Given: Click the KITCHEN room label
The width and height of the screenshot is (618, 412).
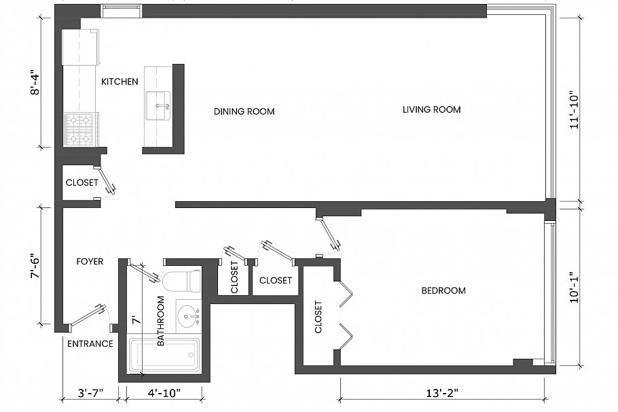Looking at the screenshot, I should click(x=120, y=82).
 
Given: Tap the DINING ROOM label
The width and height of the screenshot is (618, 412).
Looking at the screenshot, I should click(x=244, y=111).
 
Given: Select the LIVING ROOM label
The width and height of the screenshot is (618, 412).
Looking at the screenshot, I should click(x=431, y=109).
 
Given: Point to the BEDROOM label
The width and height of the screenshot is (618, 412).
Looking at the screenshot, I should click(x=443, y=291).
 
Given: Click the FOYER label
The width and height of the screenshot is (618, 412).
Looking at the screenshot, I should click(x=90, y=261).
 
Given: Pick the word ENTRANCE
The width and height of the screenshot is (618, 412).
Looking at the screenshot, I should click(x=90, y=344).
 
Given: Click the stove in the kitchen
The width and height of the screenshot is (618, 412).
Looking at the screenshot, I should click(x=80, y=129).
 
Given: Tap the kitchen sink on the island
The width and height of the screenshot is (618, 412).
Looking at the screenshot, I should click(x=158, y=105).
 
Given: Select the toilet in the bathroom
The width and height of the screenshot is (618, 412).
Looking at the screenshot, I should click(x=182, y=280).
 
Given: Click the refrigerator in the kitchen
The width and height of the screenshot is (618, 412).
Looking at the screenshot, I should click(x=80, y=47).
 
